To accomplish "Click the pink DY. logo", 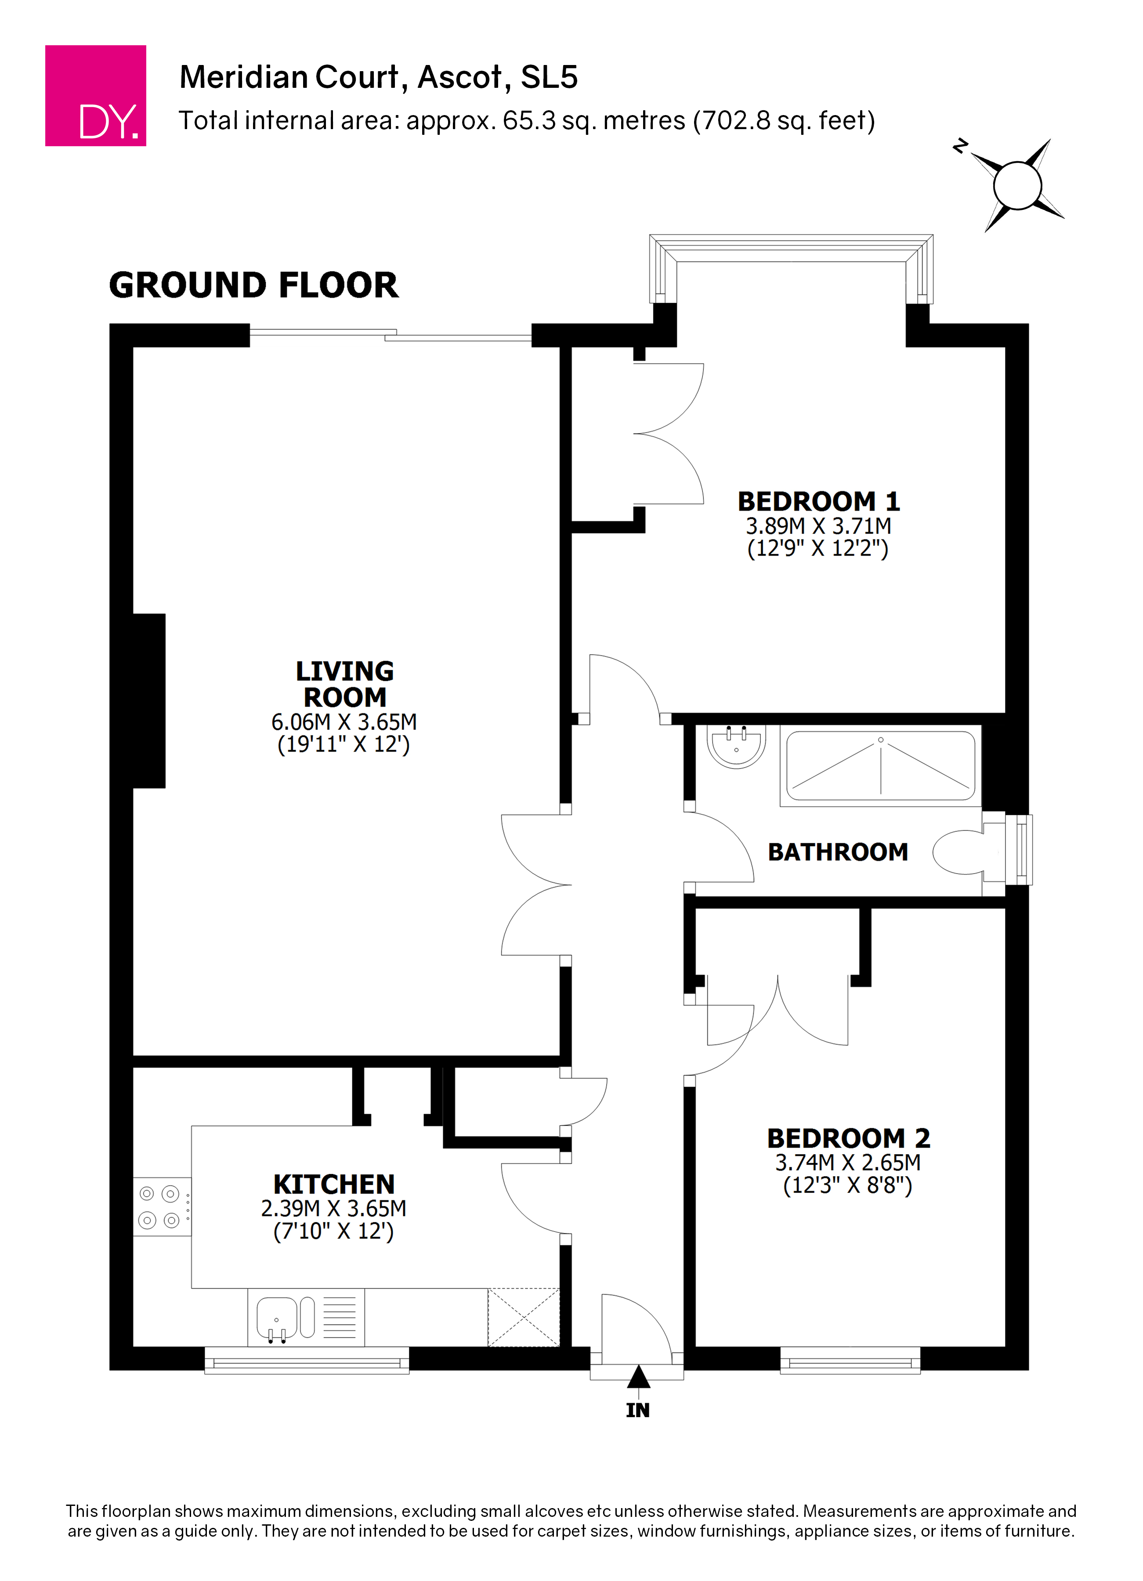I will [x=95, y=95].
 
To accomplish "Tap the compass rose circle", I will [x=1017, y=185].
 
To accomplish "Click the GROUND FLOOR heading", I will [x=254, y=285].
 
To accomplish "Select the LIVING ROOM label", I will [x=344, y=684].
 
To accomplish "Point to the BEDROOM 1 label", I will [x=819, y=501].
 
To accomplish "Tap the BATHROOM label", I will [x=838, y=852].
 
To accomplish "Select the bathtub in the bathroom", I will [x=880, y=765].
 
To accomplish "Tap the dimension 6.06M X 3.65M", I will [x=344, y=722].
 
